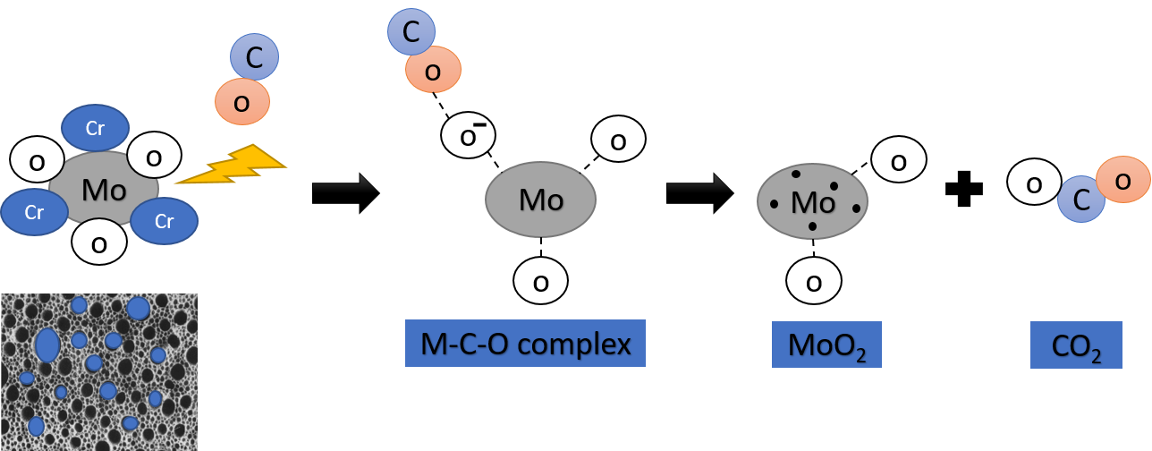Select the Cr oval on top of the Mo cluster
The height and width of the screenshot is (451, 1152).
[x=95, y=129]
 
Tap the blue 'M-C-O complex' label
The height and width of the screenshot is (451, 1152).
[x=525, y=344]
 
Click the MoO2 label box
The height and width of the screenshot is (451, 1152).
[x=826, y=345]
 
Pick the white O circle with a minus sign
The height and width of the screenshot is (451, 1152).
[x=468, y=136]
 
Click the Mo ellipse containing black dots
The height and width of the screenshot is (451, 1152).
[x=812, y=201]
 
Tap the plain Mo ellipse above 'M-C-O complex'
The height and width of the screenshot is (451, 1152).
[x=540, y=200]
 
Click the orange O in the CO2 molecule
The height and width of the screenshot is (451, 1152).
[x=1122, y=179]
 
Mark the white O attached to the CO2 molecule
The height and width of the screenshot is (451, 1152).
[x=1034, y=183]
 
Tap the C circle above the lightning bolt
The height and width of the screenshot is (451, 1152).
[x=254, y=58]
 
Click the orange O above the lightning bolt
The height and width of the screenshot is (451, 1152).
[x=241, y=101]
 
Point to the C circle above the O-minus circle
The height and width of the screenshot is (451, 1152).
[x=411, y=31]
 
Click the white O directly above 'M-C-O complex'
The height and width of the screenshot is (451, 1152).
[x=540, y=282]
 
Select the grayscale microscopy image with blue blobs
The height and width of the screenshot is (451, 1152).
[x=98, y=371]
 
